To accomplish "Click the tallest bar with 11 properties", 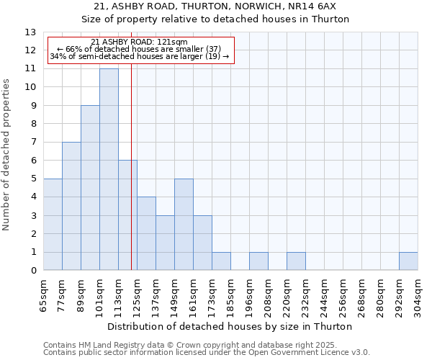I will [109, 169].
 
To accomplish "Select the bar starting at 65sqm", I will [53, 224].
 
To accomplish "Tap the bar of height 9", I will [90, 187].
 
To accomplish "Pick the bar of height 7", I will [71, 206].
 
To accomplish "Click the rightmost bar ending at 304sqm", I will [408, 261].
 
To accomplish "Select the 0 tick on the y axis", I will [33, 271].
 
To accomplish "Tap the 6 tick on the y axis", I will [33, 161].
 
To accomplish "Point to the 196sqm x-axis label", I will [249, 295].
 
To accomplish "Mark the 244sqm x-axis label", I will [324, 295].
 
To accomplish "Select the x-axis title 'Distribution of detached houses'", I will [230, 326].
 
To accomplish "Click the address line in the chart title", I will [215, 6].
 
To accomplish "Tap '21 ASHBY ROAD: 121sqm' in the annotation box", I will [140, 42].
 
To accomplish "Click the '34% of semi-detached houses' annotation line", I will [140, 56].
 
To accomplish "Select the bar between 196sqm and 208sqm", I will [258, 261].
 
